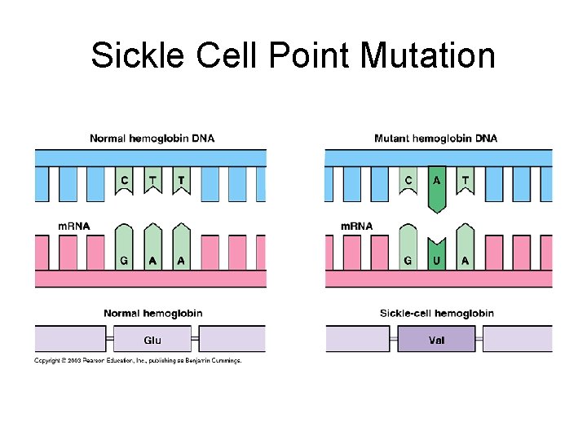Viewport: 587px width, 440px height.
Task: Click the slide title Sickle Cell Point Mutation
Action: click(x=293, y=55)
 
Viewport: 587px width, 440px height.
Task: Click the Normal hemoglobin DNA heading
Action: click(x=152, y=138)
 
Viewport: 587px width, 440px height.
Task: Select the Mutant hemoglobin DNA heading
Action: click(x=435, y=138)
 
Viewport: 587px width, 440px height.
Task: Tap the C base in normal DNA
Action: click(x=124, y=180)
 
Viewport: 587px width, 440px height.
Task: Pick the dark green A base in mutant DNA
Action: click(x=438, y=183)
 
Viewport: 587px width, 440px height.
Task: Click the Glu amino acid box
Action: click(x=152, y=340)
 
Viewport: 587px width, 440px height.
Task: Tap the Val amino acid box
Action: click(x=436, y=340)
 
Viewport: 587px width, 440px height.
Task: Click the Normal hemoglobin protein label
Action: click(x=152, y=313)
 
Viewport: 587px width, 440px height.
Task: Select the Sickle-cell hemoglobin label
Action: click(x=436, y=313)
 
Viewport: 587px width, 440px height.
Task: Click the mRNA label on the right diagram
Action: click(x=356, y=226)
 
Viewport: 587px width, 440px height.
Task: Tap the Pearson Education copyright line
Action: click(x=138, y=360)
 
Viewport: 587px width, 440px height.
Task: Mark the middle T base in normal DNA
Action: click(x=152, y=180)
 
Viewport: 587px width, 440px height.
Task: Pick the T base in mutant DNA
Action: click(x=466, y=180)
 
